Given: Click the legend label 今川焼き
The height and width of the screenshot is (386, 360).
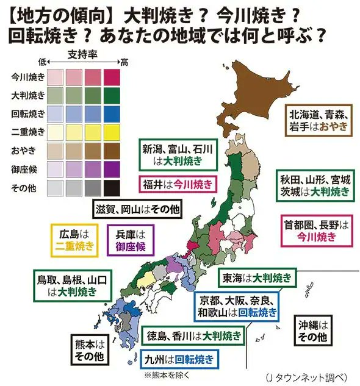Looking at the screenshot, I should tap(28, 77).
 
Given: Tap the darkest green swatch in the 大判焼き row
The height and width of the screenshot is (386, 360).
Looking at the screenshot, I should tap(112, 96).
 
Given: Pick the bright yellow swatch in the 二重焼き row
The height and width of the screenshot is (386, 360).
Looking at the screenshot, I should tap(112, 132).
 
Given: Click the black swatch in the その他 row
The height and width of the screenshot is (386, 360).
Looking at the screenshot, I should tap(112, 187).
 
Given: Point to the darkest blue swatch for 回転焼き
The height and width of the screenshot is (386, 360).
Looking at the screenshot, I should tap(112, 114).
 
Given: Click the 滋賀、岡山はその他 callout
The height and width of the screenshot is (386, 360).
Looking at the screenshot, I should tap(137, 209).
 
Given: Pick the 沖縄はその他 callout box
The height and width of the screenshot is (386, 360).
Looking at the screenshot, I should tap(314, 330).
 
